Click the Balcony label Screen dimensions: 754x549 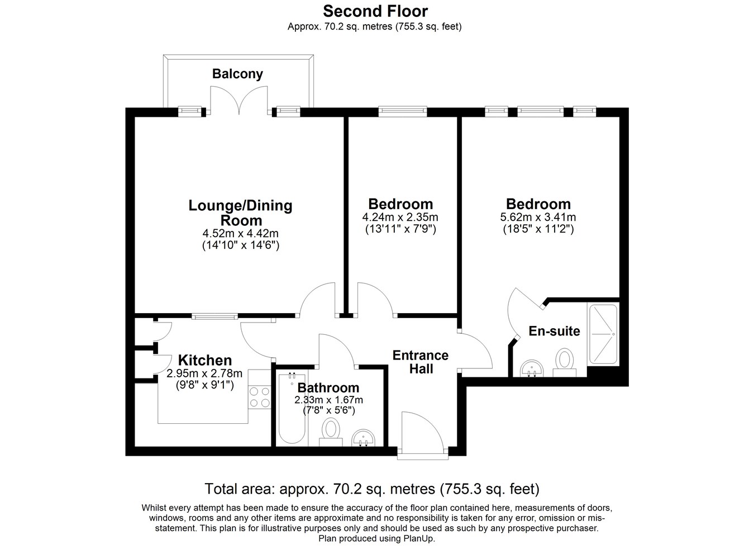[x=237, y=74]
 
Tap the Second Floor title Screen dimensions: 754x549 [x=375, y=11]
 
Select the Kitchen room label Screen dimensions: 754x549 [x=204, y=360]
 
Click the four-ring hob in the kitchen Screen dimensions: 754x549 [x=260, y=397]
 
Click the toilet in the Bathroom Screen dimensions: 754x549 [x=330, y=432]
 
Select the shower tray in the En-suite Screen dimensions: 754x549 [x=603, y=334]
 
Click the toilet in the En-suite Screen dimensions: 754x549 [x=565, y=362]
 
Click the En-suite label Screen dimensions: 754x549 [x=555, y=331]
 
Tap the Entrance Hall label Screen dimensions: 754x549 [x=421, y=362]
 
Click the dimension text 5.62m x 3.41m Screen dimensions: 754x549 [x=538, y=217]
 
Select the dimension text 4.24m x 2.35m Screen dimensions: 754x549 [x=400, y=217]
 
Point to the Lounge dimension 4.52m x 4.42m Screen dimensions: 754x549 [x=240, y=233]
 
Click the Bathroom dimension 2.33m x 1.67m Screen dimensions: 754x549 [x=328, y=400]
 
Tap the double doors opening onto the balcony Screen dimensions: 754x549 [x=240, y=100]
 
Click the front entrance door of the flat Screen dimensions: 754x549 [x=423, y=435]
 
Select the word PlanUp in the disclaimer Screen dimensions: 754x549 [x=419, y=538]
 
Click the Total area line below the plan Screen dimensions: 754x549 [x=372, y=489]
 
